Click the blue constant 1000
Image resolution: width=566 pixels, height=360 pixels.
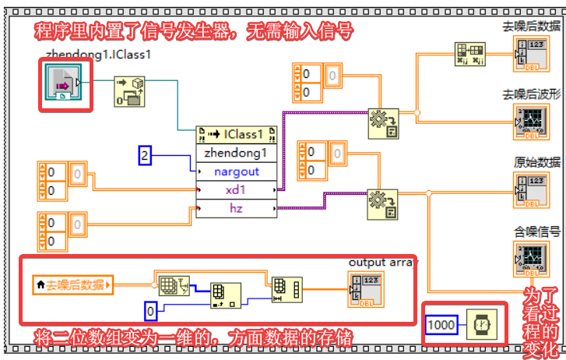[441, 323]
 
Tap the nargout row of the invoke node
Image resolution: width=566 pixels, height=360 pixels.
[237, 171]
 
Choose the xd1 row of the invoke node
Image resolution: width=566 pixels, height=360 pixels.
[237, 190]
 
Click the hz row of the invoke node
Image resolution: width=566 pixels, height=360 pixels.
[237, 208]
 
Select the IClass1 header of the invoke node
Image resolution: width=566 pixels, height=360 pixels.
[237, 135]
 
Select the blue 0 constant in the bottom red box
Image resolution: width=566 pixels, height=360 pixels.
[152, 312]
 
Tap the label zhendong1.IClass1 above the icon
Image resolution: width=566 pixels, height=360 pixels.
[97, 55]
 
